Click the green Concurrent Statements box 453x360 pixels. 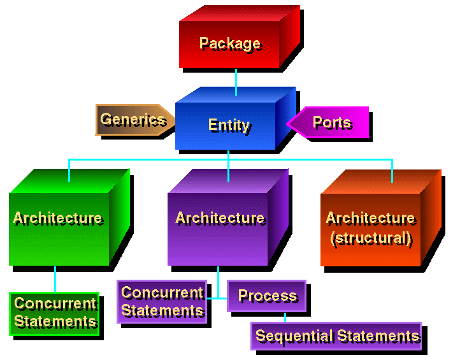coord(55,313)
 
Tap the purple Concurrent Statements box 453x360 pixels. coord(162,301)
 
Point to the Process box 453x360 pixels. coord(267,296)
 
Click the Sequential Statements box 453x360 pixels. coord(337,336)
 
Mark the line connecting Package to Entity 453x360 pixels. coord(236,82)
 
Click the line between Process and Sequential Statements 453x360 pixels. coord(284,317)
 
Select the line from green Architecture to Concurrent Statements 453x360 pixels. coord(55,278)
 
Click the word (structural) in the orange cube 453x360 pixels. coord(371,239)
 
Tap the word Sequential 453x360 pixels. coord(294,336)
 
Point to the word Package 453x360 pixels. coord(229,43)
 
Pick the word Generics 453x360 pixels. coord(133,119)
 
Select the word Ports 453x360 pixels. coord(332,122)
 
